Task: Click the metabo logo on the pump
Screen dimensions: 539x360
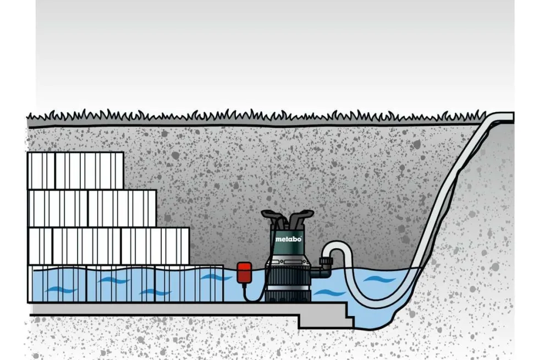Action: click(288, 239)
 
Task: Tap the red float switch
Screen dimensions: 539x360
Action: click(244, 271)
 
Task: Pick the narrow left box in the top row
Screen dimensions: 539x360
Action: click(41, 171)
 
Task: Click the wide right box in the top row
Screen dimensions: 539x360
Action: click(89, 171)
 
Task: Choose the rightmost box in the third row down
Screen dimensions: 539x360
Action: click(155, 247)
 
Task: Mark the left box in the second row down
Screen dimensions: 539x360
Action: click(58, 208)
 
